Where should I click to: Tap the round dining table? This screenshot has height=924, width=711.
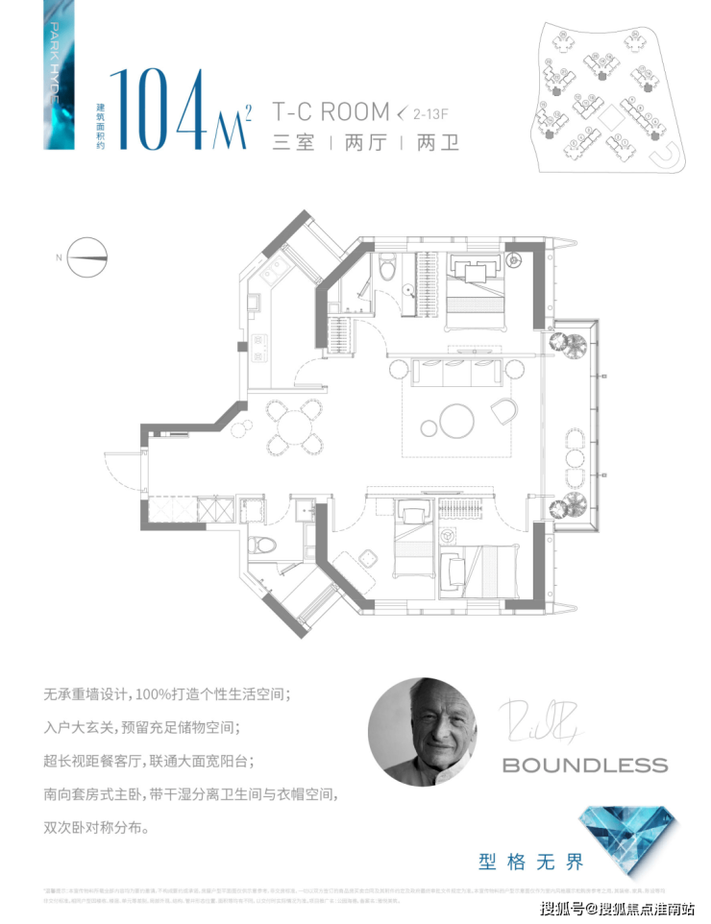pos(294,428)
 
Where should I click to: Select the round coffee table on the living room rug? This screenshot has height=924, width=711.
pos(456,419)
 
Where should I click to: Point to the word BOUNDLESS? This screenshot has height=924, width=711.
pos(584,766)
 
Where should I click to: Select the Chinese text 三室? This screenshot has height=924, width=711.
pos(294,144)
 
